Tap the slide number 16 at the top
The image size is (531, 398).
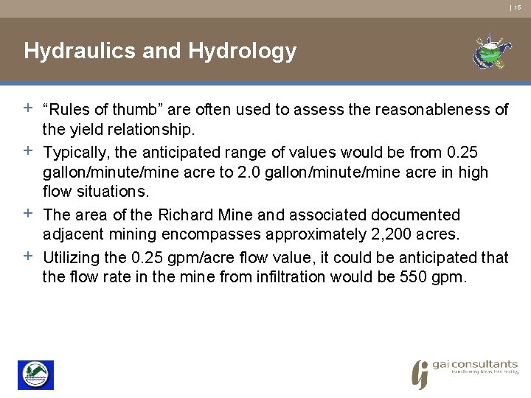pyautogui.click(x=518, y=7)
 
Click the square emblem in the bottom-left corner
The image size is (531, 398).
pyautogui.click(x=35, y=374)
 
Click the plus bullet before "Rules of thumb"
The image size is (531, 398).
pyautogui.click(x=27, y=108)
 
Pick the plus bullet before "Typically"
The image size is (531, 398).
pyautogui.click(x=27, y=151)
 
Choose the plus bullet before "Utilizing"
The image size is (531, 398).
pyautogui.click(x=27, y=256)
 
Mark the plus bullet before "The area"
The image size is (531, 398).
pyautogui.click(x=27, y=214)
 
